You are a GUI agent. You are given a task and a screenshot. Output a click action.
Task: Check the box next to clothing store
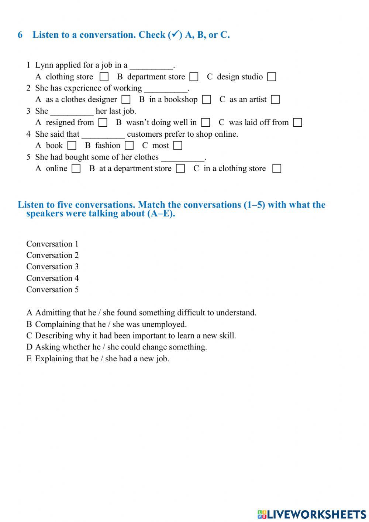(x=104, y=77)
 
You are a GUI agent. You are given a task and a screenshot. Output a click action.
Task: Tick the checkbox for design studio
(x=272, y=77)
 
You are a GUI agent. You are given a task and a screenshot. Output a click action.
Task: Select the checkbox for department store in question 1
(x=194, y=77)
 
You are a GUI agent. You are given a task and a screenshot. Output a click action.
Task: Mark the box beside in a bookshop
(x=207, y=100)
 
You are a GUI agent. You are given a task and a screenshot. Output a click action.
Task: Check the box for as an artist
(x=275, y=100)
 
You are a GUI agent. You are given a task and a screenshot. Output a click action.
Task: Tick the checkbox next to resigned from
(x=103, y=123)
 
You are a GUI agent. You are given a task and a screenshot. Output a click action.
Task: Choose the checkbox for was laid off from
(x=297, y=123)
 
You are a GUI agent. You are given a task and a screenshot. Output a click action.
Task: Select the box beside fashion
(x=129, y=146)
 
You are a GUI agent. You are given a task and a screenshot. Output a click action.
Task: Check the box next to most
(x=178, y=146)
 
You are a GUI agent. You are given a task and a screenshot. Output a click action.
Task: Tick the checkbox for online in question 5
(x=76, y=168)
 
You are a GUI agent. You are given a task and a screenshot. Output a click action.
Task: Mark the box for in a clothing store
(x=276, y=168)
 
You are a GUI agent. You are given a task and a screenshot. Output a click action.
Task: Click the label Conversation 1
(x=52, y=244)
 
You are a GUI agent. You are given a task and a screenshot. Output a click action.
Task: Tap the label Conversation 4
(x=52, y=278)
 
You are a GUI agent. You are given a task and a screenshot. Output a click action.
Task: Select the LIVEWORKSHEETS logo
(x=312, y=514)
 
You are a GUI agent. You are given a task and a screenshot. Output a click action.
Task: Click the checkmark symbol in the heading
(x=175, y=35)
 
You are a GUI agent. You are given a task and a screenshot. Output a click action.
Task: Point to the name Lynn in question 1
(x=44, y=65)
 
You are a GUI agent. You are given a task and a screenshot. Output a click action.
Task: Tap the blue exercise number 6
(x=20, y=35)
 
